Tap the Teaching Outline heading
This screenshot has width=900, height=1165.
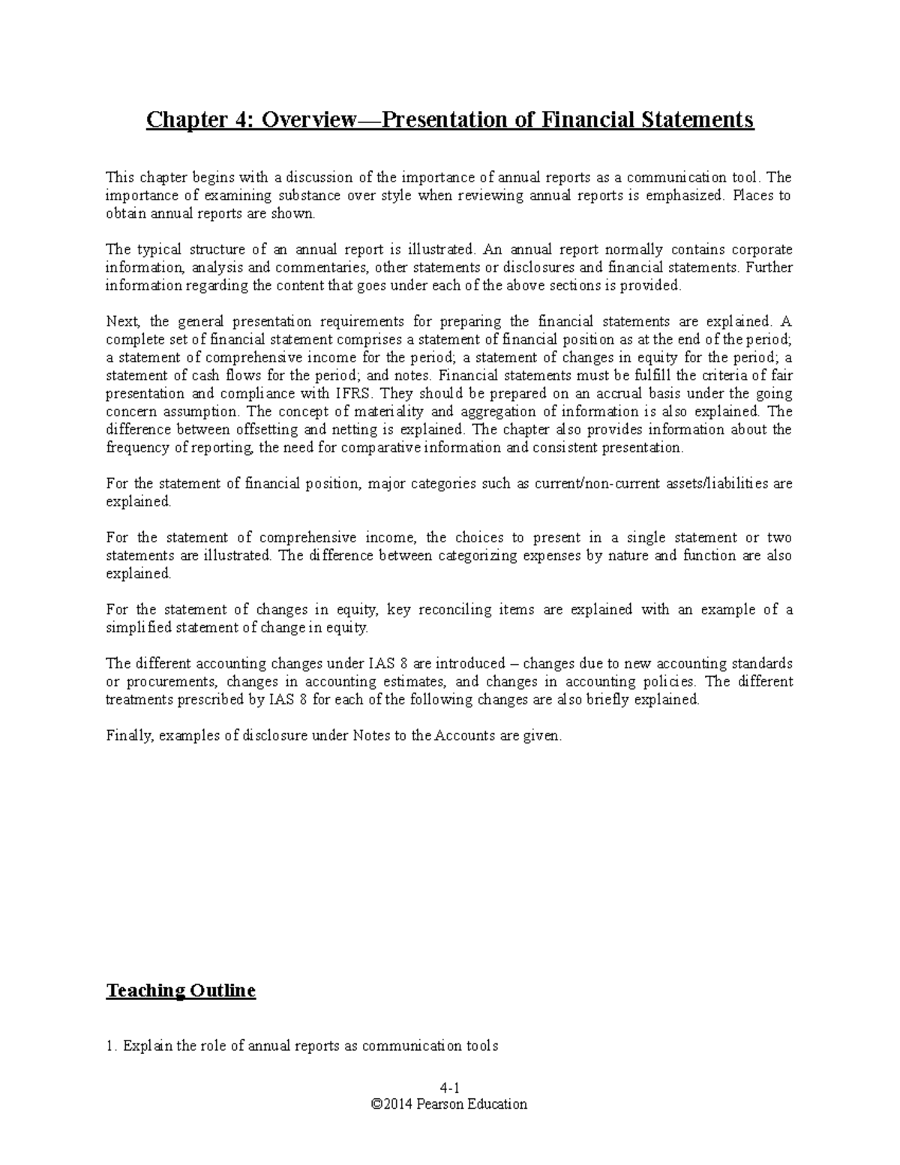point(181,991)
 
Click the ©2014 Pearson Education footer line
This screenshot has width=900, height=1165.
point(449,1104)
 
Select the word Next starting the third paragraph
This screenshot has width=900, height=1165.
point(120,322)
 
